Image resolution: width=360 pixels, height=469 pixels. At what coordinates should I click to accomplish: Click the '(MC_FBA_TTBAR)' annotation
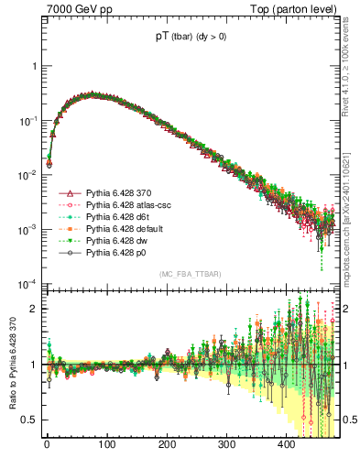191,275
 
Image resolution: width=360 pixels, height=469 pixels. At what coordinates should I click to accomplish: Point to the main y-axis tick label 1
35,67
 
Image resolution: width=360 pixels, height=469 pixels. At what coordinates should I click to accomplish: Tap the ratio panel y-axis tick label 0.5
31,420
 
